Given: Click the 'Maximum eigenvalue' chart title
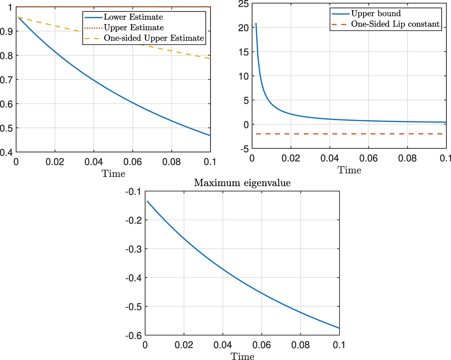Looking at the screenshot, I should point(242,183).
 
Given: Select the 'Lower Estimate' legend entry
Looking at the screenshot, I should point(133,17).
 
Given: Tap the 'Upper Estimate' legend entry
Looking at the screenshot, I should point(134,28).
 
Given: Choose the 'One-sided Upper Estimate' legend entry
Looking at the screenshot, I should point(154,38).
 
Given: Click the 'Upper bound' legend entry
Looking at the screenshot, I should point(376,14).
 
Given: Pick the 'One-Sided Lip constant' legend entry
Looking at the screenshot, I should point(395,24).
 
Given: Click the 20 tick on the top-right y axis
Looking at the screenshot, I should point(243,28).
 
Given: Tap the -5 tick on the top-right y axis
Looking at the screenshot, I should point(244,149).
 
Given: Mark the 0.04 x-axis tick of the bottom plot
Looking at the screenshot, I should point(223,345).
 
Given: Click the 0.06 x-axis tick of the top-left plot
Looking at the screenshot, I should point(133,161).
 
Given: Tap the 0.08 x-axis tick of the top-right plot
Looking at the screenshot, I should point(407,158).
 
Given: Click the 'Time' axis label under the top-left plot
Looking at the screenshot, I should point(113,174).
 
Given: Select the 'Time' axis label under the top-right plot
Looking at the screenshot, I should point(349,170).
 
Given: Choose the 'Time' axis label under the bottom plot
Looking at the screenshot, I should point(242,356).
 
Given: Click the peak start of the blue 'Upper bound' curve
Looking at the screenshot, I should point(256,23).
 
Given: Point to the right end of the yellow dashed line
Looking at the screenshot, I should point(210,59).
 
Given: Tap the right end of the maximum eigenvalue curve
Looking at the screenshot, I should point(339,328).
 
